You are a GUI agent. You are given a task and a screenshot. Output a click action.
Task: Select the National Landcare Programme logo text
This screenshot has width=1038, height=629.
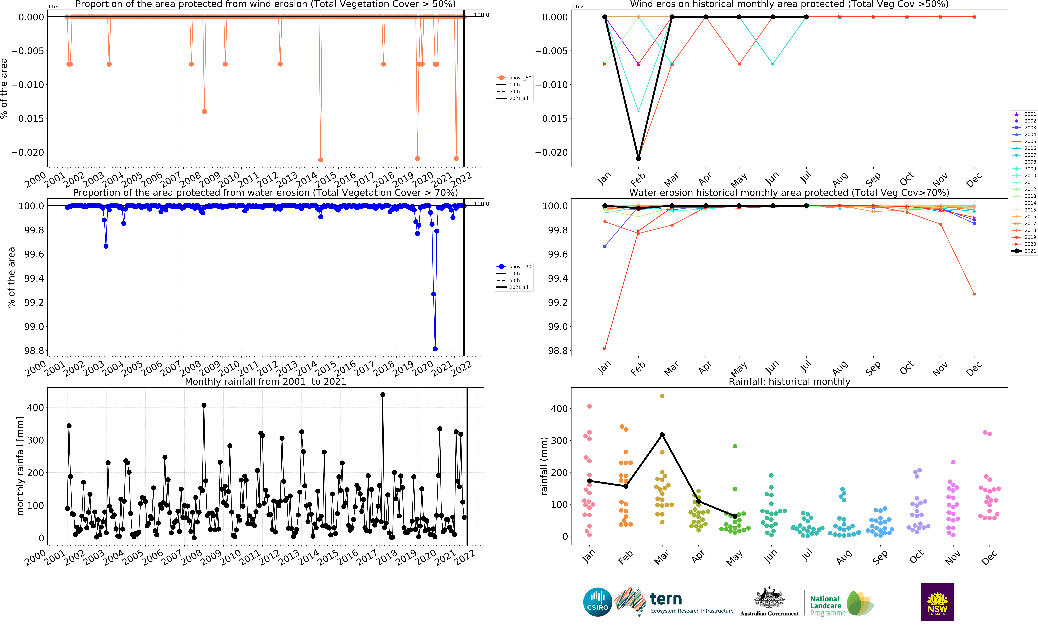(826, 605)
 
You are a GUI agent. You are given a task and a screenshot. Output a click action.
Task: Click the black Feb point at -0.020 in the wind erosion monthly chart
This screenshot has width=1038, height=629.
(638, 158)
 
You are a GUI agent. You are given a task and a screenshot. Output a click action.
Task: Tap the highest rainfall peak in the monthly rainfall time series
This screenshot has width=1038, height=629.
(382, 395)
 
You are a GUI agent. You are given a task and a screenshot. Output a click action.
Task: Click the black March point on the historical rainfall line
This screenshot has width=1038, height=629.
(662, 435)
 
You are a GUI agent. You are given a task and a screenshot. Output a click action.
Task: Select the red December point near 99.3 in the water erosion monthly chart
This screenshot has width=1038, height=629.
(974, 294)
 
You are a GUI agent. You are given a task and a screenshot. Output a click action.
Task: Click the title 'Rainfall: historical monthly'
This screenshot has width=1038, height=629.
(789, 381)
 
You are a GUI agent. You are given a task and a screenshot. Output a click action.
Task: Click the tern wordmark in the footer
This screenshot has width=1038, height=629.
(666, 599)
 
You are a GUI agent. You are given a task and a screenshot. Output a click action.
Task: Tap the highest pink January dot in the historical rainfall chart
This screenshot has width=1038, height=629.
(589, 406)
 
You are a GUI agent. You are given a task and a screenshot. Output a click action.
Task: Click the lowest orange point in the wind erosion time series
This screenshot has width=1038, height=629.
(321, 160)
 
